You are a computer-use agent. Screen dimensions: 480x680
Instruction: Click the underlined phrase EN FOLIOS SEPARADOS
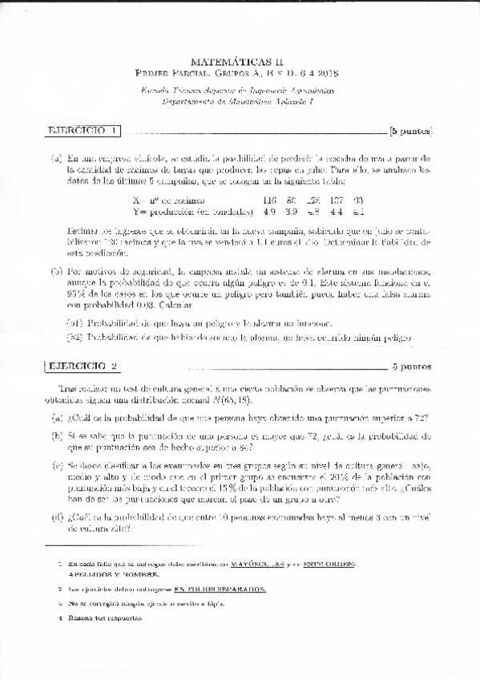pos(220,589)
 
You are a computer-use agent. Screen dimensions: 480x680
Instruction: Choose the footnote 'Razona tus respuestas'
pos(104,619)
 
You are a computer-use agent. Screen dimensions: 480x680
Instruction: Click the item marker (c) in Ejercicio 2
pos(58,465)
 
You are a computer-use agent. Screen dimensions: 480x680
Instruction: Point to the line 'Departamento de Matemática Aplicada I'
pos(240,102)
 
